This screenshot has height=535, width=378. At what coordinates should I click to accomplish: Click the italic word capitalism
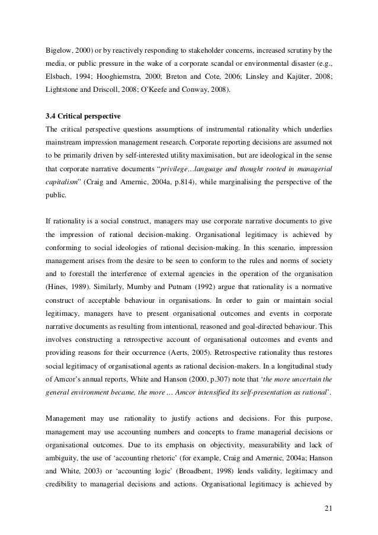(65, 184)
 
